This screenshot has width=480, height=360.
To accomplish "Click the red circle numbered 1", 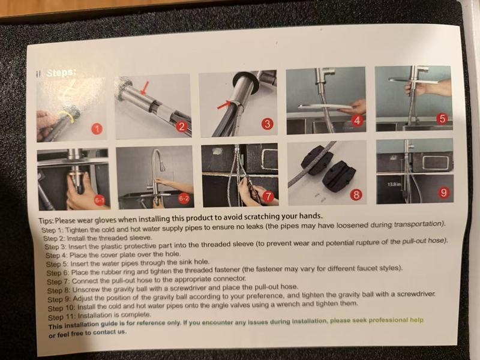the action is (97, 129).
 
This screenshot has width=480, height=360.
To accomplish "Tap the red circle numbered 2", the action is (182, 127).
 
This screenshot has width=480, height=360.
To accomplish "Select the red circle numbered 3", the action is (267, 124).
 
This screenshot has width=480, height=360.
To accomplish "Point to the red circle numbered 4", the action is (357, 121).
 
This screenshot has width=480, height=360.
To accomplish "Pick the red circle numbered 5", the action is (442, 118).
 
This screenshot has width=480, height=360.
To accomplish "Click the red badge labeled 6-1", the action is (100, 201).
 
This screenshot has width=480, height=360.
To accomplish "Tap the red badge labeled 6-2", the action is (185, 199).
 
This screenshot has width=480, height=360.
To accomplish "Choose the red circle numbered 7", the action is (268, 196).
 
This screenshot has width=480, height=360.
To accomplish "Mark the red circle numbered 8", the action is (356, 194).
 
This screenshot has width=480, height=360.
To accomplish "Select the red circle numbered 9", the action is (443, 192).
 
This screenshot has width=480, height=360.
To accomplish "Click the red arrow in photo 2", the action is (145, 88).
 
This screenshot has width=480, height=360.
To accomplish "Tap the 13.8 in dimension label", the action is (394, 184).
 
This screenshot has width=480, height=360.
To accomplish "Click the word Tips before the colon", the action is (46, 221).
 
